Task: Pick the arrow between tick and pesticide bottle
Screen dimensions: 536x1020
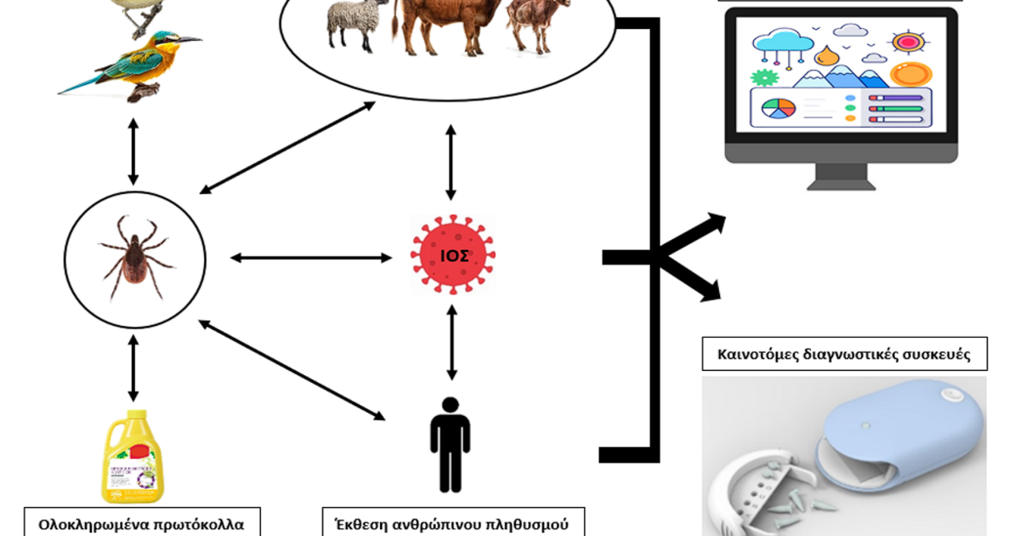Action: tap(133, 367)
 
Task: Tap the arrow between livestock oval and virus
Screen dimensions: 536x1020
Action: tap(450, 162)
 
